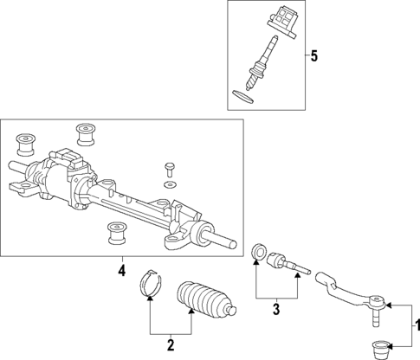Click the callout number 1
tap(414, 327)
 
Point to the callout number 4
tap(122, 272)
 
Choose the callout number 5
tap(314, 56)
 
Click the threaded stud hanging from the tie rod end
tap(376, 320)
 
